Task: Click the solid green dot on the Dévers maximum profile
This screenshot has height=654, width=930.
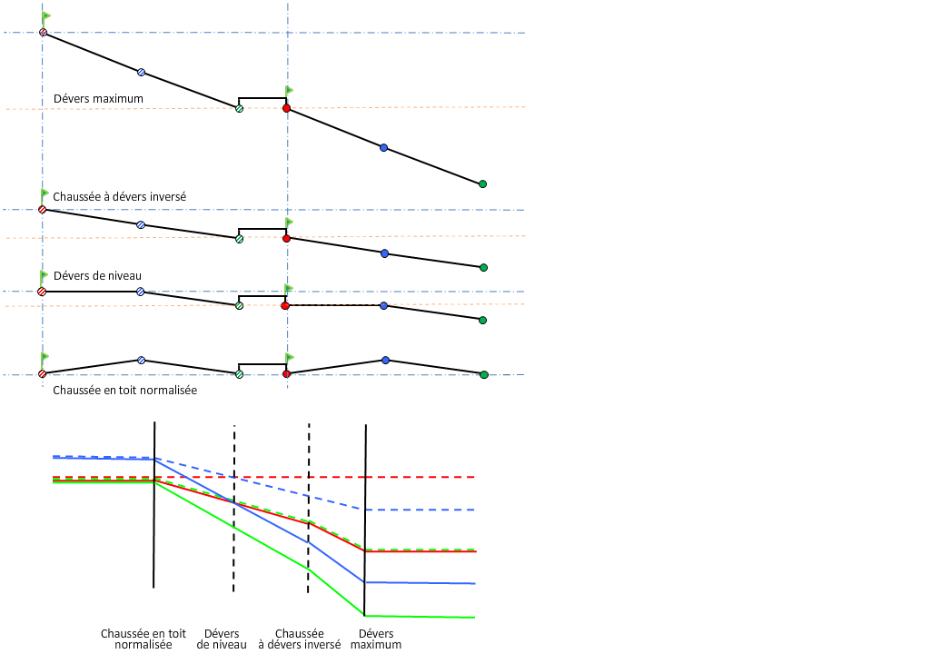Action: [482, 184]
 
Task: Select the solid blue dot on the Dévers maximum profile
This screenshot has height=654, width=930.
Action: [383, 147]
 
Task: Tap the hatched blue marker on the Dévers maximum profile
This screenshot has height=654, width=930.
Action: [141, 72]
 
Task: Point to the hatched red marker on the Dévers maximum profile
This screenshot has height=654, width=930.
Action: [43, 33]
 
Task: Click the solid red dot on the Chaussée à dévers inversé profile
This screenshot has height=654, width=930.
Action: [286, 238]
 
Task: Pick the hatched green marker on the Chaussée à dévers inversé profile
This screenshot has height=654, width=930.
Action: [239, 239]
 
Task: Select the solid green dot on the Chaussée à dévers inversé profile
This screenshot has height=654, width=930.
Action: [483, 267]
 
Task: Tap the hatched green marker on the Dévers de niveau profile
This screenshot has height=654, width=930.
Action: [239, 306]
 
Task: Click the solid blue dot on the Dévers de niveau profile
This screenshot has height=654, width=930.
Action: [384, 306]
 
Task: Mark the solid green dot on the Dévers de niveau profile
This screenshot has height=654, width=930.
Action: [482, 320]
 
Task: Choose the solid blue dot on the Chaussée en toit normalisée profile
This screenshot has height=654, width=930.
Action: [385, 361]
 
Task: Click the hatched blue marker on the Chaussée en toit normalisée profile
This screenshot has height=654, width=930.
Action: [141, 361]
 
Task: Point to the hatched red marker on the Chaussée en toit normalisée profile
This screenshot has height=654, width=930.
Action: [43, 373]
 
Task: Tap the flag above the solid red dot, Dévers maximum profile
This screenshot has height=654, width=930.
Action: [289, 90]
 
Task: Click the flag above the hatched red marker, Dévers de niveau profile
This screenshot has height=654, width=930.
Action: [45, 275]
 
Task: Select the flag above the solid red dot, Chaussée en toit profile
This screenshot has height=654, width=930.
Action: [290, 358]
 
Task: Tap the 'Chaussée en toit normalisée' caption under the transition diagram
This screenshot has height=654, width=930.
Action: [143, 639]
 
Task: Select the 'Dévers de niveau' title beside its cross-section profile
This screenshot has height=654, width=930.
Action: [97, 275]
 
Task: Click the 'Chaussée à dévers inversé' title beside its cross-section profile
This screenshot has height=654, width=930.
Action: [120, 196]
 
